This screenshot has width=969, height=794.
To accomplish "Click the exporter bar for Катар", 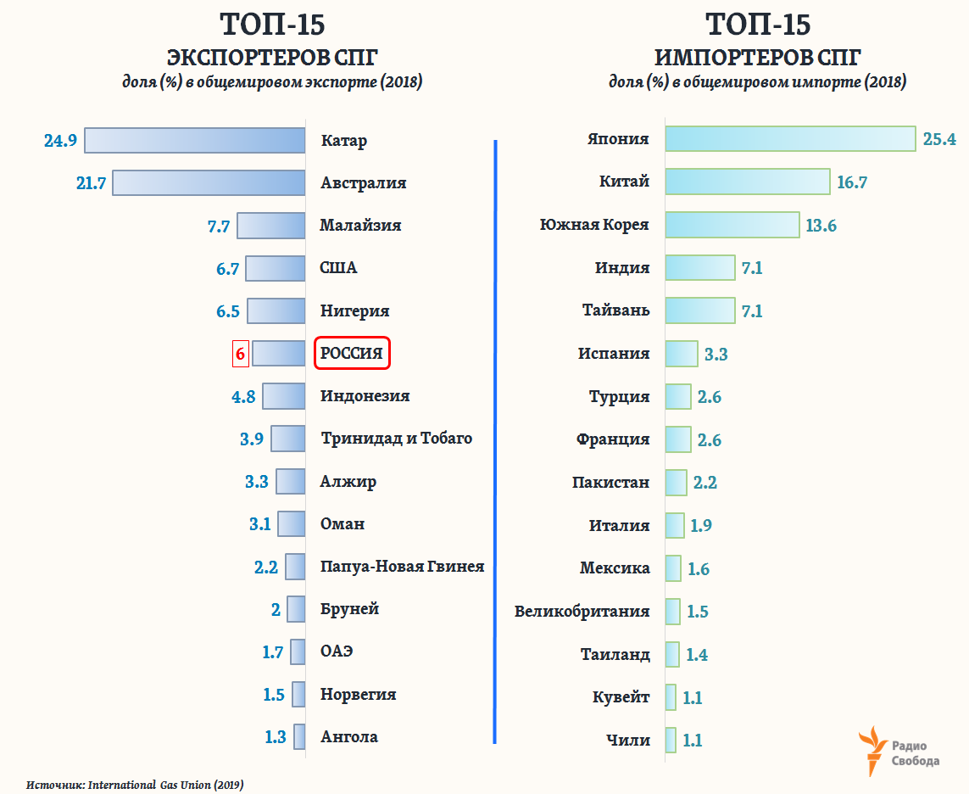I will (x=194, y=140).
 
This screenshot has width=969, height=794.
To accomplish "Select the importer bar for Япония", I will (x=790, y=139).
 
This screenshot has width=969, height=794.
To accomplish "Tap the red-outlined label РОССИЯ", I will (x=352, y=353).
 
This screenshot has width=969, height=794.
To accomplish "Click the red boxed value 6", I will (x=240, y=354).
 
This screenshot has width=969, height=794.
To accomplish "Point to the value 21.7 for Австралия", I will (x=91, y=182).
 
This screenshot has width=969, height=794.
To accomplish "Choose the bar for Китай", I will (x=747, y=182).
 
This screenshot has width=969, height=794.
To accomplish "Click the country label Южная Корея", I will (x=594, y=225).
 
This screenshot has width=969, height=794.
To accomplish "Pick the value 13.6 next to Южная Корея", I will (x=821, y=226).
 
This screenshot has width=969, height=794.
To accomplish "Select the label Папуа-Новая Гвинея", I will (x=402, y=566).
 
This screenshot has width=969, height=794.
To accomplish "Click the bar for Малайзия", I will (x=270, y=226).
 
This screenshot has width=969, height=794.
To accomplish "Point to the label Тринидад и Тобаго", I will (x=396, y=439).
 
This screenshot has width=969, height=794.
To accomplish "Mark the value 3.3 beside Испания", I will (x=716, y=354).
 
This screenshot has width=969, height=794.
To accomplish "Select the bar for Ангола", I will (x=299, y=736).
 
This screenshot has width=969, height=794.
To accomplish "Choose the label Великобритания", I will (x=582, y=611).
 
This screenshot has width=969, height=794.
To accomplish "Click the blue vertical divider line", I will (x=494, y=441).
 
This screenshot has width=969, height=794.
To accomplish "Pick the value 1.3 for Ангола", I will (x=276, y=736).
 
